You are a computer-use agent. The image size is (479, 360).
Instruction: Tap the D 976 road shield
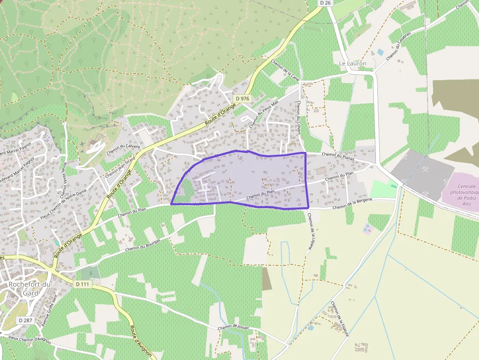point(242,99)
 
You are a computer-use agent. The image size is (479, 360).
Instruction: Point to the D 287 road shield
point(25,320)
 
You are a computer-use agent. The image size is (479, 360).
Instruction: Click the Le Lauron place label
point(352,64)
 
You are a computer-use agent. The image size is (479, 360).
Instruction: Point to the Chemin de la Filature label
point(336,313)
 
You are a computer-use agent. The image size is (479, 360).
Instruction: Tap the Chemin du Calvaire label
point(123,149)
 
